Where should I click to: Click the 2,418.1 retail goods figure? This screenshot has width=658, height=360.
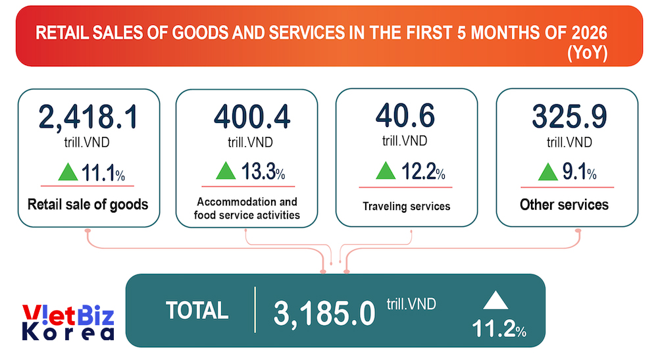(x=88, y=116)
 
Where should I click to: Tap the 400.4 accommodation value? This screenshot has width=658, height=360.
(x=252, y=116)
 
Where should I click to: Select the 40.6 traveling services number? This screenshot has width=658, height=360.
(x=405, y=115)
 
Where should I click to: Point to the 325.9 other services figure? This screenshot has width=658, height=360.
(x=569, y=116)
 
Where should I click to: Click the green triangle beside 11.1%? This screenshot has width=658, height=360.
(x=68, y=172)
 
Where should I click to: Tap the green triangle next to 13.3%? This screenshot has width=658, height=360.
(x=226, y=170)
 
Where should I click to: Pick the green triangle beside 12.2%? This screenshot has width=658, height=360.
(x=386, y=170)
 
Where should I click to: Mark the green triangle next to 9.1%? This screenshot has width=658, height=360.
(x=547, y=172)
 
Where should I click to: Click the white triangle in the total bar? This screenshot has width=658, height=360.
(x=495, y=301)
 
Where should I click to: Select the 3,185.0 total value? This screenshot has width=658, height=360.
(x=324, y=313)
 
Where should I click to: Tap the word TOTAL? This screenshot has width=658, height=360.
(x=197, y=311)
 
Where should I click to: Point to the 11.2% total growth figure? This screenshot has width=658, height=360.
(x=499, y=328)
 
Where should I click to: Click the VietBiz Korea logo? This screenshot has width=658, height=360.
(x=68, y=322)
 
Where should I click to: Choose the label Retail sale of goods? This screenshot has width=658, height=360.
(x=88, y=204)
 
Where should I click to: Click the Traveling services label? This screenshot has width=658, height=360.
(x=406, y=206)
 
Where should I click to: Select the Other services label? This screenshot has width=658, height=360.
(x=564, y=204)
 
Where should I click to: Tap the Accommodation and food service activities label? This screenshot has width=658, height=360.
(x=247, y=208)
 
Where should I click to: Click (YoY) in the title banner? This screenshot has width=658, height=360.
(x=587, y=53)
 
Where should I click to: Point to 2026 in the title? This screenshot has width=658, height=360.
(x=589, y=33)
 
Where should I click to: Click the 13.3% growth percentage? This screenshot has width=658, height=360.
(x=263, y=171)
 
